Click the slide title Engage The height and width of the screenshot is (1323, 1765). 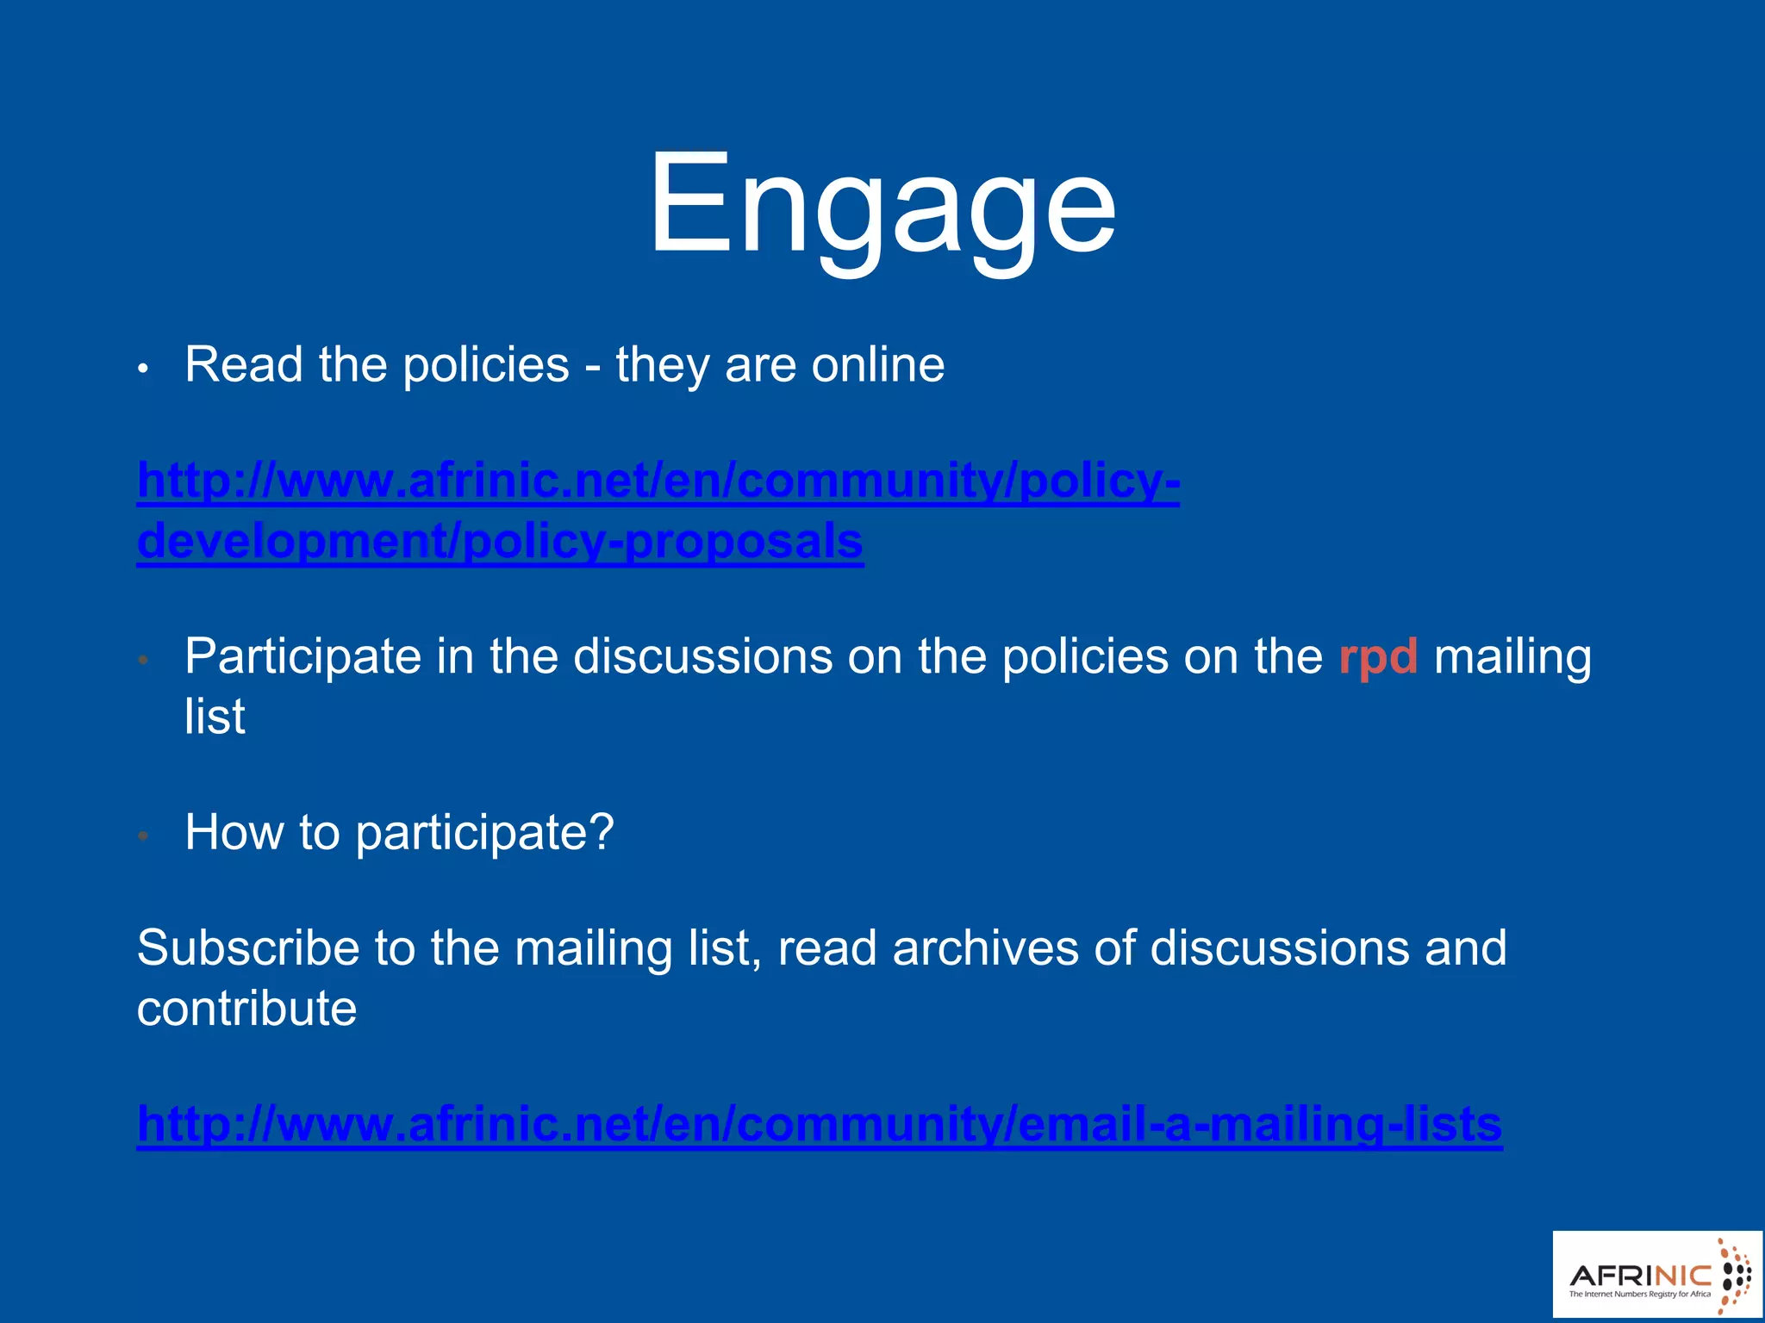[x=882, y=205]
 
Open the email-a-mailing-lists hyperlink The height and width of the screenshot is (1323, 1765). [x=819, y=1123]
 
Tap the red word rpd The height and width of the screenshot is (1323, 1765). [x=1378, y=658]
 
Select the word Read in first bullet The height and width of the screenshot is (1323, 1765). [x=244, y=364]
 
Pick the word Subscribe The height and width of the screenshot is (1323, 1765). [x=247, y=948]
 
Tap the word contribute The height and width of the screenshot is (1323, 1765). [x=246, y=1009]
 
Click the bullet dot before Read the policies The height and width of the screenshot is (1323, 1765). [x=144, y=369]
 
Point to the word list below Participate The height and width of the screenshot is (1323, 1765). [x=215, y=716]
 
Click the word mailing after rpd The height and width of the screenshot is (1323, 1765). [x=1512, y=658]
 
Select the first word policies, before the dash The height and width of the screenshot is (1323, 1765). [x=486, y=364]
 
